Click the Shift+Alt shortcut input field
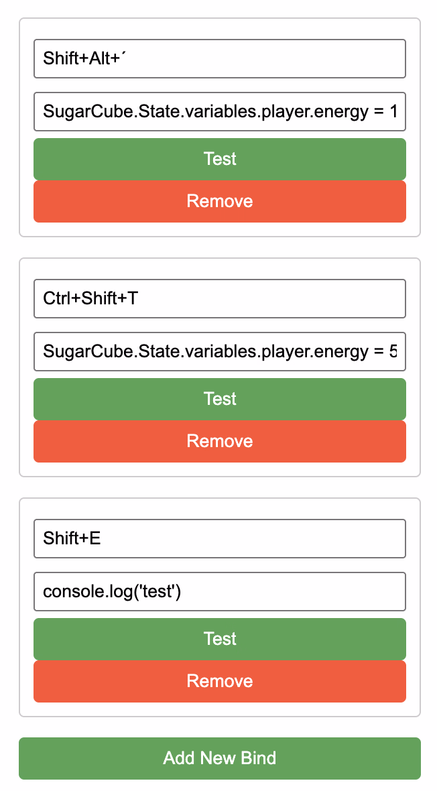click(220, 58)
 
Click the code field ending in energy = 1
click(220, 111)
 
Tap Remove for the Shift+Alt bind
click(220, 201)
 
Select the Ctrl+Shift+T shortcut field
click(220, 299)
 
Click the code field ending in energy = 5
click(220, 352)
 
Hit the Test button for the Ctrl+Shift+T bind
click(220, 399)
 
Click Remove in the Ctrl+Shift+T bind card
click(220, 441)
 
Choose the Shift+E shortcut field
click(220, 539)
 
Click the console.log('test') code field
click(220, 592)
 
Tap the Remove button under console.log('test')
click(220, 682)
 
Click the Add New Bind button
click(220, 758)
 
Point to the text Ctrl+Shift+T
click(90, 299)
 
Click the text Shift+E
click(72, 538)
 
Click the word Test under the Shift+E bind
click(220, 639)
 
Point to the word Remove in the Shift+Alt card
click(220, 201)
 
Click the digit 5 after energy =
click(393, 352)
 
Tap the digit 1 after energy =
click(393, 111)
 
